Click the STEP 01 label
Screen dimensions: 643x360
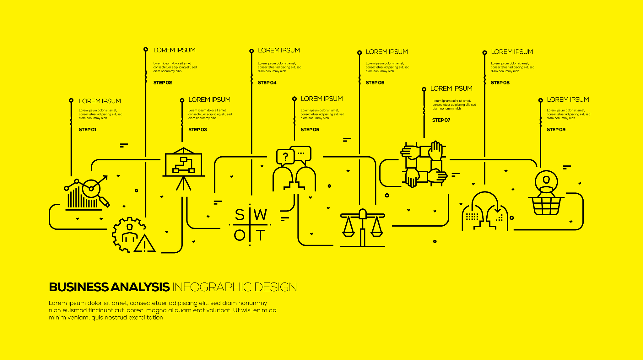88,130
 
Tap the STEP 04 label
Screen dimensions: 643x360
267,83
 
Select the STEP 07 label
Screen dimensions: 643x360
441,120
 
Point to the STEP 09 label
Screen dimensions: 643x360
556,130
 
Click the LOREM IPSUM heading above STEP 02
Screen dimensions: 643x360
174,50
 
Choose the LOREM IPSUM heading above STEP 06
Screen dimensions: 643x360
387,52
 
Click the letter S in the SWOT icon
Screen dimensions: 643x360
240,215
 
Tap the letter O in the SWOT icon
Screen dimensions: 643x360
240,235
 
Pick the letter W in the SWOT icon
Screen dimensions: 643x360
261,215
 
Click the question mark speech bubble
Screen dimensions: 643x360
285,157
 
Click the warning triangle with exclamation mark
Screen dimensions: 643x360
144,243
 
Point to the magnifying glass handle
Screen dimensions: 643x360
105,201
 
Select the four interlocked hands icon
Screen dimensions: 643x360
424,164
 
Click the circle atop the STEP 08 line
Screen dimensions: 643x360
485,52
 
